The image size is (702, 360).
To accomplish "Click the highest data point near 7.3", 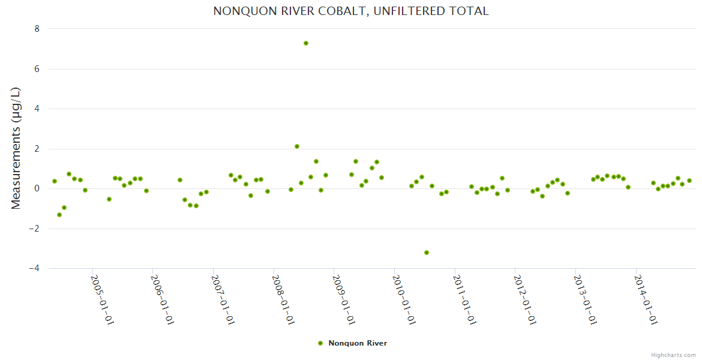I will (306, 43).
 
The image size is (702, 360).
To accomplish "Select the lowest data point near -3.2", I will (427, 253).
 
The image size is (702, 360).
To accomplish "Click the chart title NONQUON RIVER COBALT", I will (351, 11).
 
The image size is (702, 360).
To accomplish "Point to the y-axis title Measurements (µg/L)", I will (16, 148).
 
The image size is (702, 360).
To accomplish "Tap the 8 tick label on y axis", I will (37, 29).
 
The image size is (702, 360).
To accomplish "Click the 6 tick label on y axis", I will (37, 69).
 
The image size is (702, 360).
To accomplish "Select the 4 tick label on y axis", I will (37, 109).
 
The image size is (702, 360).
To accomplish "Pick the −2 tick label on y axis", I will (34, 229).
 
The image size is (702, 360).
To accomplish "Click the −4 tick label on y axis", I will (34, 269).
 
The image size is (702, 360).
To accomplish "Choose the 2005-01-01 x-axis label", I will (102, 299).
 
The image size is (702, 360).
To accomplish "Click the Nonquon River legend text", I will (358, 343).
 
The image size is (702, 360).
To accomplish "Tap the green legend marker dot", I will (320, 343).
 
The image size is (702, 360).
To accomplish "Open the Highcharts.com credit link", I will (673, 355).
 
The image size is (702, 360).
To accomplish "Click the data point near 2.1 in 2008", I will (297, 146).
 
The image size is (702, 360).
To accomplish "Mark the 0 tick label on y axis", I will (37, 188).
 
